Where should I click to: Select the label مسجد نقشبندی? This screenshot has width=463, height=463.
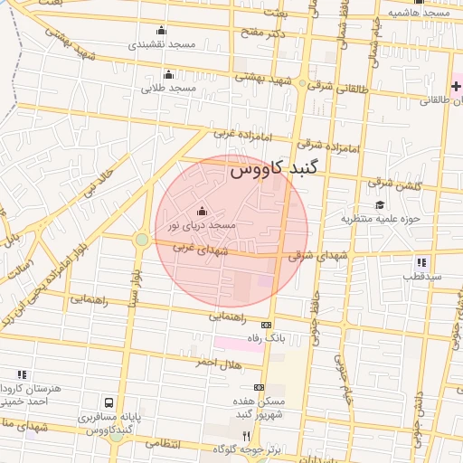click(x=162, y=43)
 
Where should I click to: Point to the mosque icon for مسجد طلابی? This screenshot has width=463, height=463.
click(x=168, y=75)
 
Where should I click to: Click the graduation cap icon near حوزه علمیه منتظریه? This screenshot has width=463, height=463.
click(x=381, y=205)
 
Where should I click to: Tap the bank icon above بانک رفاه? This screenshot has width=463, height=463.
click(x=266, y=325)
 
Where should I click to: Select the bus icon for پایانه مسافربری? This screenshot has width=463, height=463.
click(x=109, y=402)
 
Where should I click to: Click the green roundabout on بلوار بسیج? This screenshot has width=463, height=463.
click(x=142, y=240)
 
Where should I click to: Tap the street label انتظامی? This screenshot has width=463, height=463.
click(x=163, y=444)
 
